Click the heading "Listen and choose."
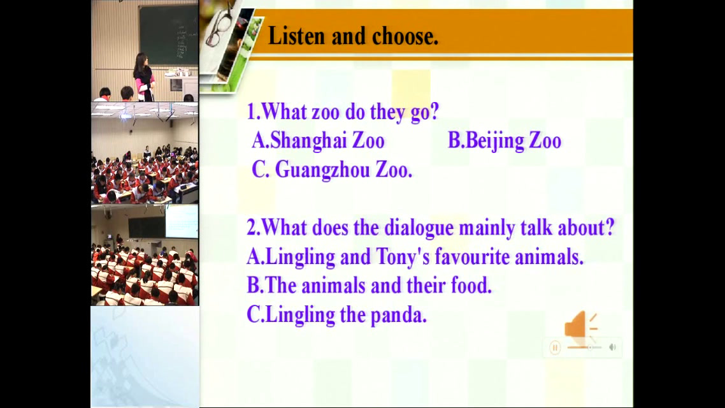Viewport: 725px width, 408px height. coord(353,36)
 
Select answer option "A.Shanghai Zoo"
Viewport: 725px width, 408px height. coord(318,140)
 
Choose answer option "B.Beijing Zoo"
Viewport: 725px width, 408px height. coord(505,141)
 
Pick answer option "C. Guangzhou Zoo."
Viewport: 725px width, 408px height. coord(332,170)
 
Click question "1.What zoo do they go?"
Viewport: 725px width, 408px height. coord(343,112)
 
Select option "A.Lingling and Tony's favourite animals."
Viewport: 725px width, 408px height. coord(415,257)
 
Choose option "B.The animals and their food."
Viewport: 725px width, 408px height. coord(369,286)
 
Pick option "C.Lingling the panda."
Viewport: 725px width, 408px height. coord(336,315)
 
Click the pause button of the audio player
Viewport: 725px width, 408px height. coord(556,347)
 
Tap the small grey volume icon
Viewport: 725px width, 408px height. coord(613,347)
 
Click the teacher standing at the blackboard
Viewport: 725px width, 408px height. coord(144,77)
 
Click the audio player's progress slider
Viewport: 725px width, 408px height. coord(584,347)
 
